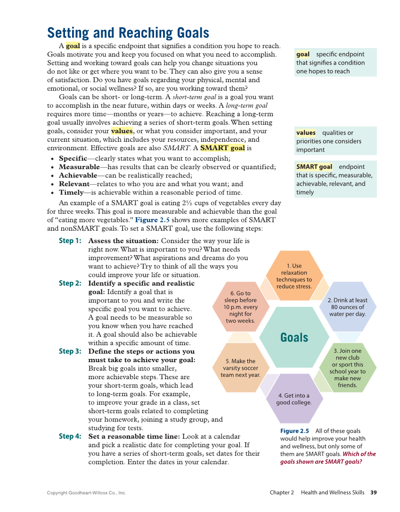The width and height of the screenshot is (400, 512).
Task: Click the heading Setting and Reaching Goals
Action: (128, 33)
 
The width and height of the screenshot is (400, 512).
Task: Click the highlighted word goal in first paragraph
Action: (73, 46)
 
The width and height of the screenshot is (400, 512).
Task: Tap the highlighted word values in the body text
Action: (122, 131)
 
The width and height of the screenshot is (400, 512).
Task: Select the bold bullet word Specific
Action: (73, 158)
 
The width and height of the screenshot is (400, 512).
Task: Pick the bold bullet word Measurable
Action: (79, 167)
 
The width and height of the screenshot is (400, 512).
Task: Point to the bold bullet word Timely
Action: (71, 192)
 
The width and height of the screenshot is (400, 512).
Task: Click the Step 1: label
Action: (70, 241)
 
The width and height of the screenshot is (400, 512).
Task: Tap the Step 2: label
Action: (70, 283)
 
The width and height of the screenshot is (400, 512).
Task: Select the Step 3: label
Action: (70, 351)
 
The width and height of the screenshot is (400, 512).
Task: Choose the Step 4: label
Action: (70, 436)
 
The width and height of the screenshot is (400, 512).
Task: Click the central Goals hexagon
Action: (294, 337)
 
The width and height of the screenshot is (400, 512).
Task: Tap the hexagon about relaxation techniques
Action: (294, 276)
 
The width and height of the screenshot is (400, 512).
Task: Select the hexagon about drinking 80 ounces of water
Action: (347, 307)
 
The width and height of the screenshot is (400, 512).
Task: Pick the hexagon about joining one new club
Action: (347, 368)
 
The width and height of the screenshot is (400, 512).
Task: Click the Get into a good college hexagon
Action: (294, 398)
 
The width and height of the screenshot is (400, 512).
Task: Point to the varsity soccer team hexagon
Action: (241, 368)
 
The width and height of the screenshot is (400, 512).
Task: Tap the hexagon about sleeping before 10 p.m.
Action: (241, 307)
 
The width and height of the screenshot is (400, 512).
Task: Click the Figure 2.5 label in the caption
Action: (294, 431)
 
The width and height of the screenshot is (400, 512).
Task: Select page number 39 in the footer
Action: (374, 493)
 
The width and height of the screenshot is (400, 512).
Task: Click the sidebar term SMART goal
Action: (314, 167)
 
